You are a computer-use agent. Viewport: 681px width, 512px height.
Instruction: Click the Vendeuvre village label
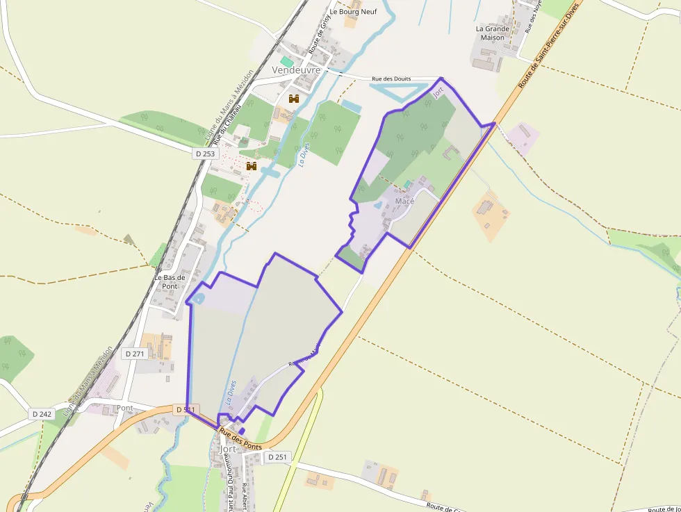click(296, 70)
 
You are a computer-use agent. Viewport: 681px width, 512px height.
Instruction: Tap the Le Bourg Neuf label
click(353, 11)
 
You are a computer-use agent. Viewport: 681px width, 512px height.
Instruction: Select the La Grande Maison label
click(493, 33)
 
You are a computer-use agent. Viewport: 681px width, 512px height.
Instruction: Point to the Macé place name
click(404, 201)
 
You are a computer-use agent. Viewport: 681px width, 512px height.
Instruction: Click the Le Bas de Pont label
click(170, 281)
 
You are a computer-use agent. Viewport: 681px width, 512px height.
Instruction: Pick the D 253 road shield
click(206, 154)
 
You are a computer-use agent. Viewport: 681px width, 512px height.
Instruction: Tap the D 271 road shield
click(136, 354)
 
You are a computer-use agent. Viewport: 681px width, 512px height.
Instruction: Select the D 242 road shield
click(42, 414)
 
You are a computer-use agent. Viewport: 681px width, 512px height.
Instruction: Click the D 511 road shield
click(186, 410)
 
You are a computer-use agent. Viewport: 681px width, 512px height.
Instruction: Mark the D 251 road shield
click(276, 456)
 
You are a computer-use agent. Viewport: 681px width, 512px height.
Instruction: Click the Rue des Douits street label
click(391, 79)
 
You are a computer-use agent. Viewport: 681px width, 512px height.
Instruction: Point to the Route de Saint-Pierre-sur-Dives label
click(548, 46)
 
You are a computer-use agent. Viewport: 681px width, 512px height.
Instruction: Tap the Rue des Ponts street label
click(240, 440)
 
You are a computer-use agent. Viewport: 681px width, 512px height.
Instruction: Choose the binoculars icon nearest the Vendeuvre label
click(294, 99)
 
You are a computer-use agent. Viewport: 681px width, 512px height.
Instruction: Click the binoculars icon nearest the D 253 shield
click(252, 166)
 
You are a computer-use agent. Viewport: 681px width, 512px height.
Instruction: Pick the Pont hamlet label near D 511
click(125, 408)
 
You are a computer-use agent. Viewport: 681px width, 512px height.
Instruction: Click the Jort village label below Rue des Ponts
click(227, 449)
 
